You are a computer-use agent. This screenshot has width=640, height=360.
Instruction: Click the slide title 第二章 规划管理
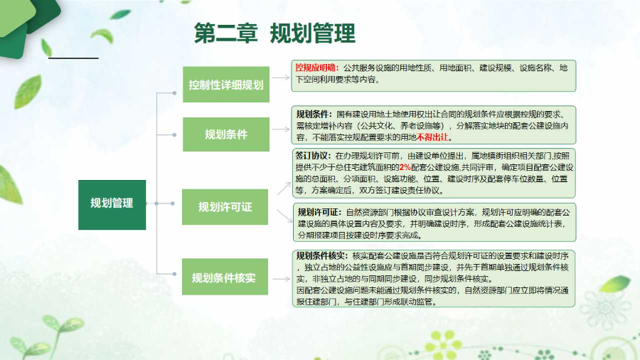click(x=274, y=33)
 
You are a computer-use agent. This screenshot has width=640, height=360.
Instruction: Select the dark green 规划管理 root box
click(x=111, y=203)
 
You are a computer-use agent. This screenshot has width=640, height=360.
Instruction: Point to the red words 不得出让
click(x=434, y=137)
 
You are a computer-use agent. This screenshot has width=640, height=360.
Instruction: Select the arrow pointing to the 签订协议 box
click(x=283, y=188)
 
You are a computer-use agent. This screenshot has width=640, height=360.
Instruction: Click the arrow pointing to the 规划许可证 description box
click(x=283, y=213)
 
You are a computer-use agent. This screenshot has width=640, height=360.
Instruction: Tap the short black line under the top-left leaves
click(x=73, y=57)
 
